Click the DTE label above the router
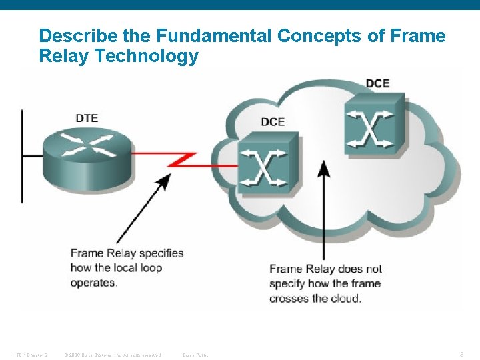click(87, 118)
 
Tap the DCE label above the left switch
click(273, 122)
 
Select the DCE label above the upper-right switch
click(377, 83)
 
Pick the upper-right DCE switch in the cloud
click(373, 124)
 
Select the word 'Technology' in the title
click(147, 56)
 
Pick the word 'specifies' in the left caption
click(159, 253)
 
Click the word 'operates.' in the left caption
click(94, 283)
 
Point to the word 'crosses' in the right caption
click(289, 298)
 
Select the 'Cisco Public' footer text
click(196, 355)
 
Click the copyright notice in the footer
click(112, 355)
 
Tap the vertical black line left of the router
click(22, 157)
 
